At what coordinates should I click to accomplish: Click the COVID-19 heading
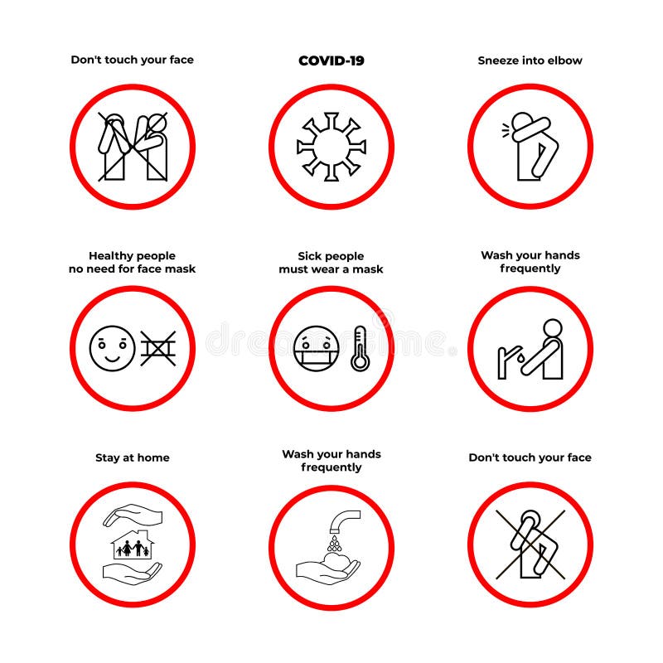pyautogui.click(x=331, y=60)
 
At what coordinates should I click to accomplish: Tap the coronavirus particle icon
pyautogui.click(x=331, y=148)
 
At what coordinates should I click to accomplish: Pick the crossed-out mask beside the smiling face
pyautogui.click(x=157, y=348)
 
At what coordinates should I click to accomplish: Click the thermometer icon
pyautogui.click(x=359, y=348)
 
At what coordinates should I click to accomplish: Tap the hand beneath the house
pyautogui.click(x=133, y=571)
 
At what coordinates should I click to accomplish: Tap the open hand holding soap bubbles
pyautogui.click(x=328, y=569)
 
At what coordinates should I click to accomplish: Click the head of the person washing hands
pyautogui.click(x=553, y=326)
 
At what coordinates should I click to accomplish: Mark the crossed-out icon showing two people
pyautogui.click(x=133, y=147)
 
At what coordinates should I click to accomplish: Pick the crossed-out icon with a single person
pyautogui.click(x=530, y=544)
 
